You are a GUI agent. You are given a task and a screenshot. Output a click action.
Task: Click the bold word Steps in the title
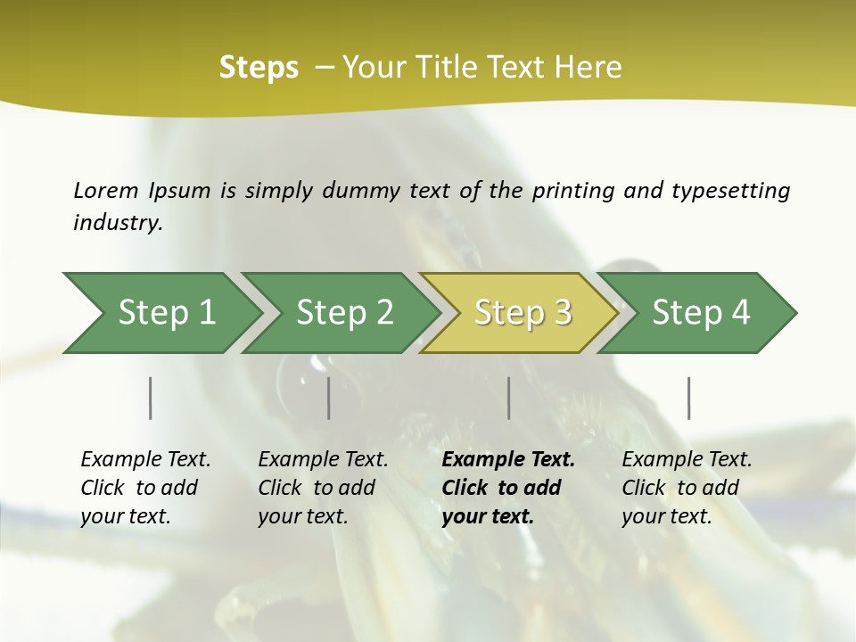click(259, 68)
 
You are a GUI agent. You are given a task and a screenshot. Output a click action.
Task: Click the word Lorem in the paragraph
click(106, 191)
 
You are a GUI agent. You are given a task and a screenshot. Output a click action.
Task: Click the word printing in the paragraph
click(573, 191)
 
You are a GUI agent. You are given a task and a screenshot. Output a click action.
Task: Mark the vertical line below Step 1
click(151, 398)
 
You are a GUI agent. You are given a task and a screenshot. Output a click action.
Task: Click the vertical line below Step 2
click(329, 398)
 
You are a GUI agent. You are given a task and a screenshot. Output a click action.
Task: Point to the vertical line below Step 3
click(509, 398)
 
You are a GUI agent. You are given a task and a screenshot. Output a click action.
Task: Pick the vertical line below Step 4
click(689, 398)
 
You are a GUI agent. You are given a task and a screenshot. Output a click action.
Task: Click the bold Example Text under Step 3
click(508, 460)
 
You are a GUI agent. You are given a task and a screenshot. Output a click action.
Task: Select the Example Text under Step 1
click(145, 460)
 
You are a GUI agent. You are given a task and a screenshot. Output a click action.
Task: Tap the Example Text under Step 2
click(323, 460)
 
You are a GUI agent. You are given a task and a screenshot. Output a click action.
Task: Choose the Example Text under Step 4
click(687, 460)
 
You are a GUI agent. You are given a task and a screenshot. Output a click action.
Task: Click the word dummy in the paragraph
click(365, 191)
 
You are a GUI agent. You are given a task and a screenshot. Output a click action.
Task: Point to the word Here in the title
click(588, 68)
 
